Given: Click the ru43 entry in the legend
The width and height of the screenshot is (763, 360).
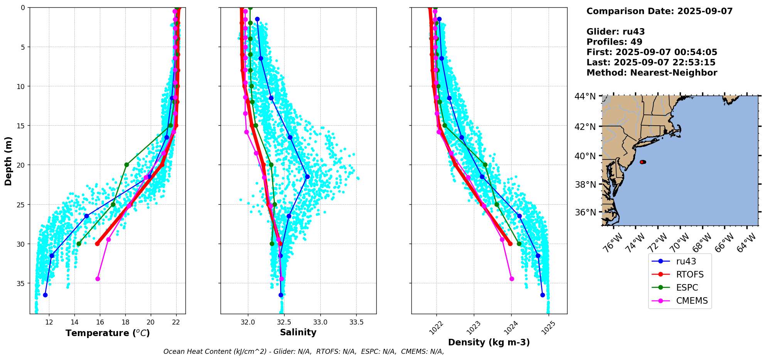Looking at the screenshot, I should click(x=686, y=261).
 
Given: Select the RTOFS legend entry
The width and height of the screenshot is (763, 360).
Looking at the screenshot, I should click(x=690, y=274).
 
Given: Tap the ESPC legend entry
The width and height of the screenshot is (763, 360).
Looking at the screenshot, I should click(x=687, y=288).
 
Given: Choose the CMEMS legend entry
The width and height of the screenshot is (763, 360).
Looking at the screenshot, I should click(x=692, y=301).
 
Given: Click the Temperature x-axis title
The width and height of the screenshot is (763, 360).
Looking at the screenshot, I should click(x=108, y=333).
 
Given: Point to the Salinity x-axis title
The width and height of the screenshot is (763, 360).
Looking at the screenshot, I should click(x=298, y=332).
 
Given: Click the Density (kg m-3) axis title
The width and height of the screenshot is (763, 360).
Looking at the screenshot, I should click(x=489, y=342).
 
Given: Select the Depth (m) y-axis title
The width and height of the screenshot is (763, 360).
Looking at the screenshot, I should click(x=8, y=161).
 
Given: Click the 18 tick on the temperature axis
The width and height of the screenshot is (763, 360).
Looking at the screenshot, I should click(x=125, y=322).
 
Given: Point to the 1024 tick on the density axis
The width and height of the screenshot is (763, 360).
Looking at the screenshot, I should click(x=509, y=327).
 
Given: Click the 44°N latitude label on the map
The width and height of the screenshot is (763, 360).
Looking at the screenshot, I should click(x=585, y=96).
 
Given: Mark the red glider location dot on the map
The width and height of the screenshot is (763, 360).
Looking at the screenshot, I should click(x=642, y=162).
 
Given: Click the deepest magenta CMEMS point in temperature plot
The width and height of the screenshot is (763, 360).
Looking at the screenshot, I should click(x=98, y=279).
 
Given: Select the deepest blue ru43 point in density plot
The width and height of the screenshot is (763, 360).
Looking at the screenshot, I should click(x=542, y=295).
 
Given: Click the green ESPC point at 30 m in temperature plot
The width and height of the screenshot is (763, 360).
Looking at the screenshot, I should click(x=79, y=244).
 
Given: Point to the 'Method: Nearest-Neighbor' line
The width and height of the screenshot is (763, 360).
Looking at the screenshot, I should click(x=652, y=73).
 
